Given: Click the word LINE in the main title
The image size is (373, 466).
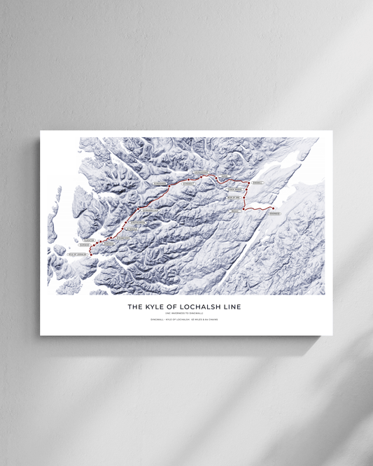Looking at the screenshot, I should [x=230, y=306].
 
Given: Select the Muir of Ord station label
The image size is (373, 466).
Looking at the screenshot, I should [x=234, y=198].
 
